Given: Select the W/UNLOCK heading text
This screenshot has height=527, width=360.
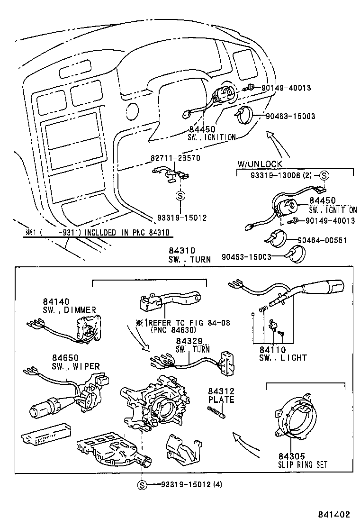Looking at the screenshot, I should click(260, 164).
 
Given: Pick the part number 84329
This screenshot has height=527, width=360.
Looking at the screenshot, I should click(189, 341).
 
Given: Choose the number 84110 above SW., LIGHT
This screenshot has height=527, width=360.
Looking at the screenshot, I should click(272, 350).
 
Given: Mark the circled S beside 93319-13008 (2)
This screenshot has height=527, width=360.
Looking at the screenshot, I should click(324, 175).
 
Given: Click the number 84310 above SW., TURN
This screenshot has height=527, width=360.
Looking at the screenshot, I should click(182, 251).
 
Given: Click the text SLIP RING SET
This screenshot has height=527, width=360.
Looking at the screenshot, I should click(303, 464).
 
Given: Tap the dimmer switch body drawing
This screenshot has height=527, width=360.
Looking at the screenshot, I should click(88, 327).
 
